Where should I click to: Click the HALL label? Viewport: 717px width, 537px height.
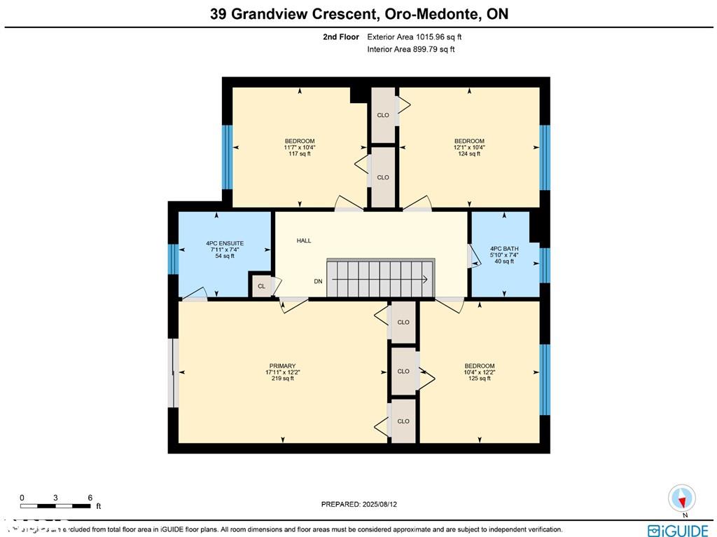coord(304,240)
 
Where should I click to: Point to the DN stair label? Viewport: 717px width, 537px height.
coord(319,281)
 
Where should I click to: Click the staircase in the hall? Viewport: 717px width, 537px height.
coord(381,278)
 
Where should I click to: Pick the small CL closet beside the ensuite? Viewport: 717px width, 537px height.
coord(261,286)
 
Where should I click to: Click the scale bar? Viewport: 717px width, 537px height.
coord(56,505)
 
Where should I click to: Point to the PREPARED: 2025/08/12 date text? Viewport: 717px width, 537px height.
coord(363,504)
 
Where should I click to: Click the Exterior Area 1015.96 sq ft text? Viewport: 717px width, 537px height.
coord(415,37)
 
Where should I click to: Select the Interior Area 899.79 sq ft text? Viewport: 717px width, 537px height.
coord(411,49)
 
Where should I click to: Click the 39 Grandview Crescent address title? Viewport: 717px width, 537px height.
coord(358,13)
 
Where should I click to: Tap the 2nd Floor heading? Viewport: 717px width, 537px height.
coord(341,37)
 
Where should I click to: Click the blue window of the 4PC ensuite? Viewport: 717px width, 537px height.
coord(173,259)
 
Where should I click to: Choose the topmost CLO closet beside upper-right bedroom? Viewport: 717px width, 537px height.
coord(383,114)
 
